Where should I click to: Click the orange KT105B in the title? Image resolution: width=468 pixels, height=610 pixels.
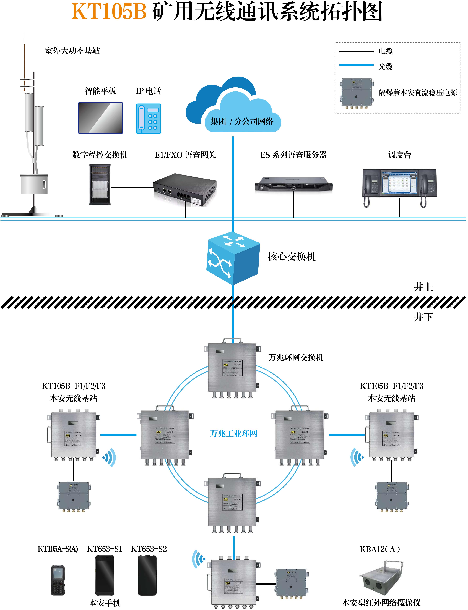(x=109, y=12)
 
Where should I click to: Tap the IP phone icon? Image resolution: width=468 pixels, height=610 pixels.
(x=149, y=119)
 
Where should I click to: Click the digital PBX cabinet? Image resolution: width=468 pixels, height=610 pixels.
(x=100, y=184)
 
